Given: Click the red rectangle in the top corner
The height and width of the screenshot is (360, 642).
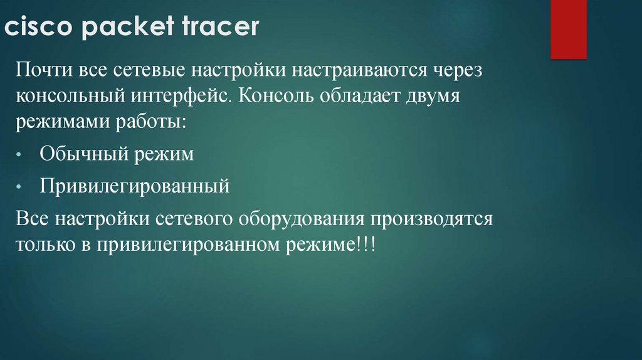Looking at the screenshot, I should tap(568, 29).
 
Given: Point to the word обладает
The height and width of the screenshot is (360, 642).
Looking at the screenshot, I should tap(362, 98).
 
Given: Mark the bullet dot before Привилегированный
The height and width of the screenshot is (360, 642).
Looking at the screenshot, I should tap(21, 187).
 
